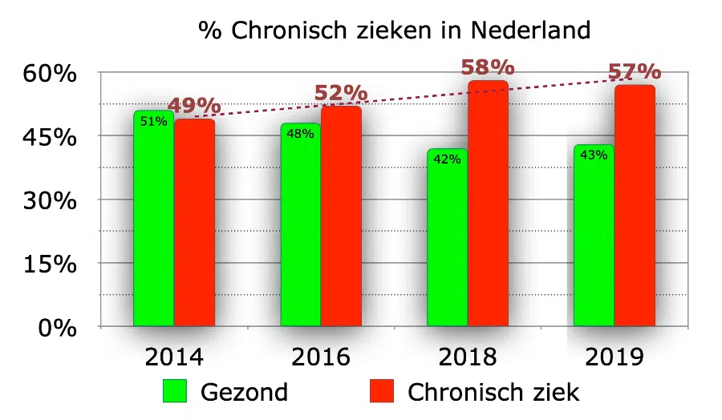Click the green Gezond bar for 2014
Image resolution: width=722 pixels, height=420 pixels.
coord(153,224)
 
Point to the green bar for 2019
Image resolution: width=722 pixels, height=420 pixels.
coord(594,240)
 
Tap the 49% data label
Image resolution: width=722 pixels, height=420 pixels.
coord(194,105)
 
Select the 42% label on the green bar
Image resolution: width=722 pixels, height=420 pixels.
coord(447,160)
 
